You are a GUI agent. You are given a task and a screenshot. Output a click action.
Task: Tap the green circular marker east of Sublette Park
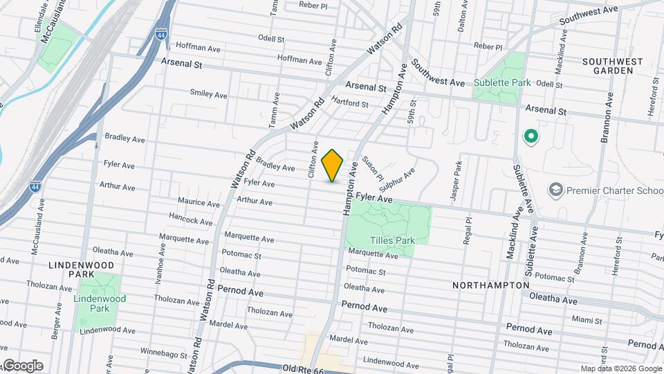click(x=531, y=136)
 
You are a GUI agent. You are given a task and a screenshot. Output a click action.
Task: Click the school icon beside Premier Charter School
click(x=555, y=189)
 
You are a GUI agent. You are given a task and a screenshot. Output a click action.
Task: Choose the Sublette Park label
click(x=502, y=82)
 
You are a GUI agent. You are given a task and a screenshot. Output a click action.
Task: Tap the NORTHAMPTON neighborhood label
click(x=491, y=285)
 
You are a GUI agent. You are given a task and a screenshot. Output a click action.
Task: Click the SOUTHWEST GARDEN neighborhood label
click(x=612, y=66)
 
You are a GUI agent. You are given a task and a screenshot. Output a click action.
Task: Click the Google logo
click(x=23, y=366)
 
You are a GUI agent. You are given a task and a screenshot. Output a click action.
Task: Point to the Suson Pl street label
click(x=368, y=163)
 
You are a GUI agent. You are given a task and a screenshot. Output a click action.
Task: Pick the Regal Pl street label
click(x=468, y=231)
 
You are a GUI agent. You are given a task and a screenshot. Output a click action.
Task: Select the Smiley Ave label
click(x=208, y=94)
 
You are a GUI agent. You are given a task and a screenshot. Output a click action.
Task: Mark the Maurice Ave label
click(x=198, y=203)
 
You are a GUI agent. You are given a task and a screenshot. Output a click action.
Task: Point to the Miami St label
click(x=587, y=319)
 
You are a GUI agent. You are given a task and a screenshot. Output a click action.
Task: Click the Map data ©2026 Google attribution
click(x=620, y=368)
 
